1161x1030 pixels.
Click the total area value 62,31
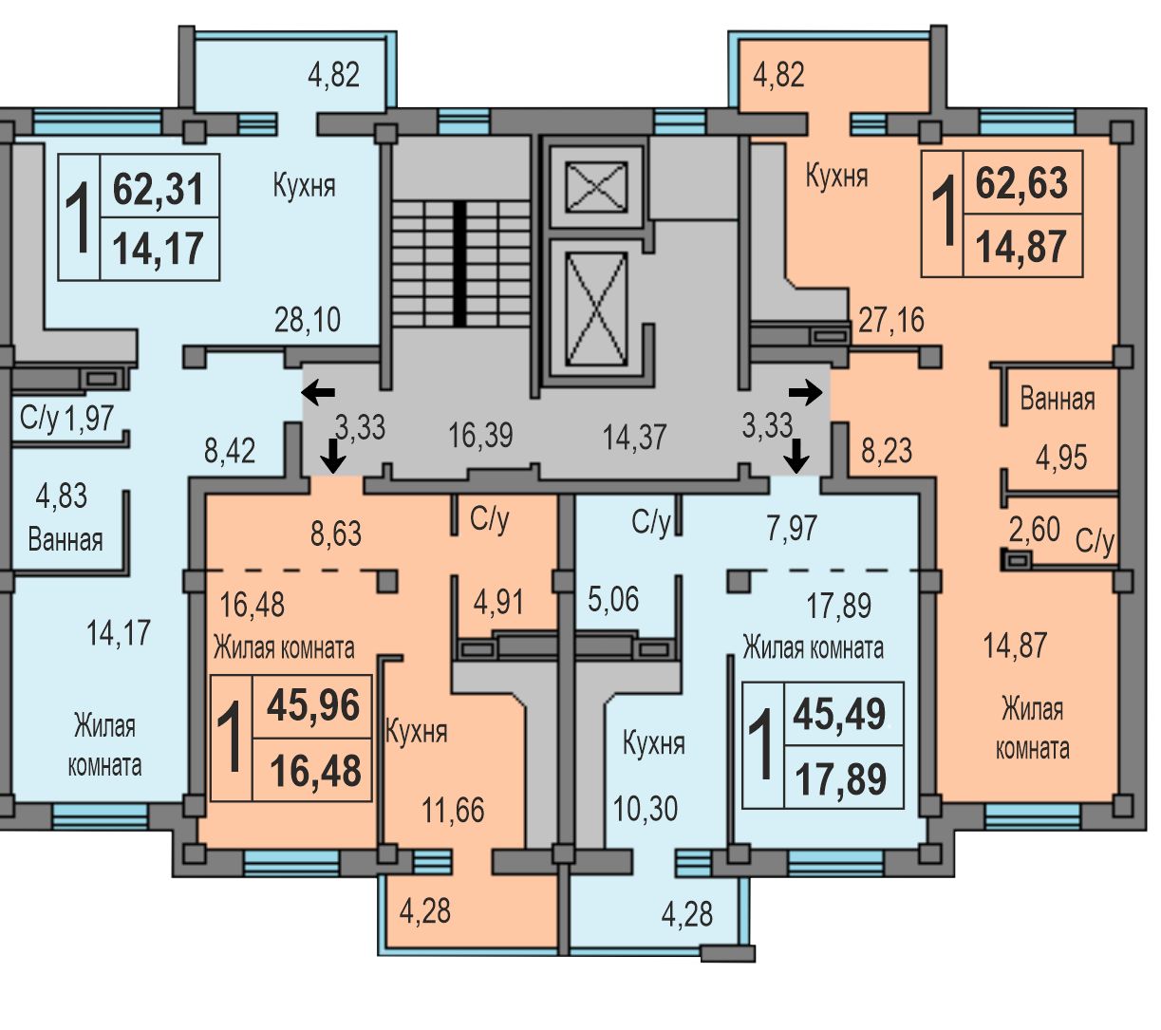pos(158,189)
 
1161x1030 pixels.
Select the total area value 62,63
pos(1021,182)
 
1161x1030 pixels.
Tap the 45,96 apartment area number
pos(313,704)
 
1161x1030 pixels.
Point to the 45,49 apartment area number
pos(839,714)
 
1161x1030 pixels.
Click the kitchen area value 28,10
pos(308,319)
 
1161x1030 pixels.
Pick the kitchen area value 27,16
pos(890,319)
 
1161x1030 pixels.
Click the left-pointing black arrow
pos(318,393)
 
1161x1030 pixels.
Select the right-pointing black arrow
pos(805,393)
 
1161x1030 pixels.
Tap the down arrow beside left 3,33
pos(332,456)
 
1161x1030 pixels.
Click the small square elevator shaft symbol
pos(596,187)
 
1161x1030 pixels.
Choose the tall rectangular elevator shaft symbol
pos(596,309)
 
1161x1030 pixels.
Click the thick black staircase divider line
pos(459,264)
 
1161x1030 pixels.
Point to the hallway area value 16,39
pos(480,435)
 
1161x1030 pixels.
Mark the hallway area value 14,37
pos(634,437)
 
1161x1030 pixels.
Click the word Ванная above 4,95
pos(1057,399)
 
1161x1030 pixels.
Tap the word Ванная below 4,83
pos(66,540)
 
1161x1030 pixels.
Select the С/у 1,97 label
pos(66,418)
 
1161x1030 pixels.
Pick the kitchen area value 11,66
pos(453,810)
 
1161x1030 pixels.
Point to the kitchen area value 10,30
pos(645,809)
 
